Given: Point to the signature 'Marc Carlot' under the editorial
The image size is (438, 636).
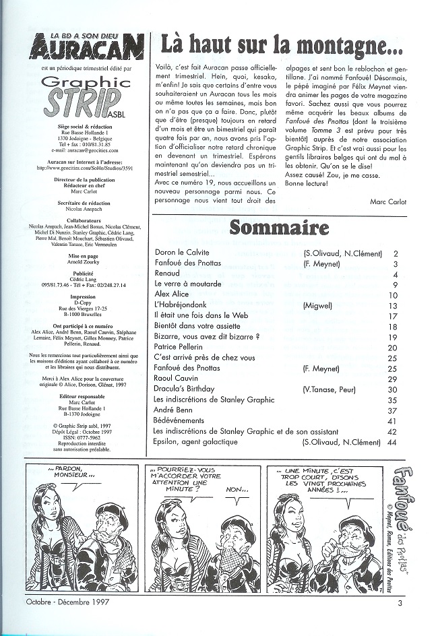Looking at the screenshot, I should (390, 201).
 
